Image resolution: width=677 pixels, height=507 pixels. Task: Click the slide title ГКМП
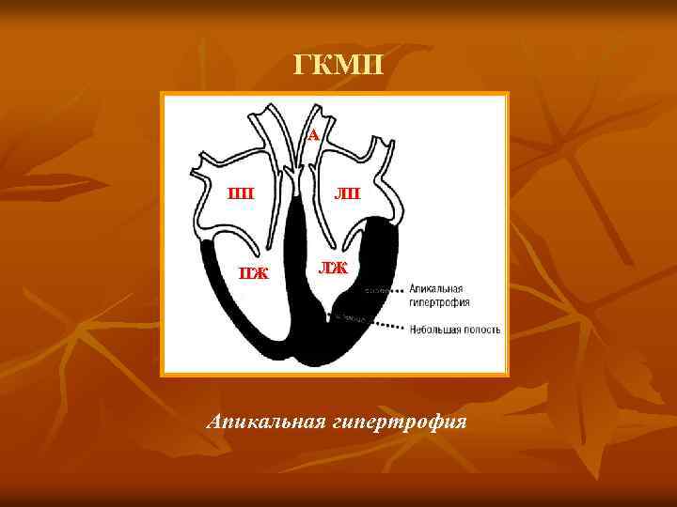338,66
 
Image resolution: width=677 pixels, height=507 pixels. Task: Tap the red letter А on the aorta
313,135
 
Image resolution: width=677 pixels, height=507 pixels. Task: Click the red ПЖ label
252,274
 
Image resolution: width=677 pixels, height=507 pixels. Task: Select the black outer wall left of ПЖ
209,282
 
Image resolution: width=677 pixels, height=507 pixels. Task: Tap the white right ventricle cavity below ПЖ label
254,310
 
